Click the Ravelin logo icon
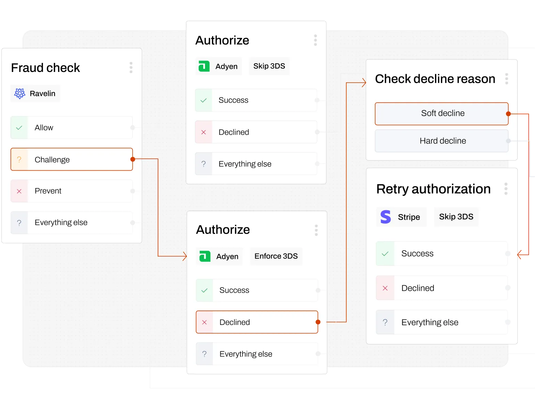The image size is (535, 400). [x=20, y=93]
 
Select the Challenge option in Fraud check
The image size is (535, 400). [x=72, y=160]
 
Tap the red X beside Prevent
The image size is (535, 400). [x=19, y=191]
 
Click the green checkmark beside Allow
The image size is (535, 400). [x=19, y=128]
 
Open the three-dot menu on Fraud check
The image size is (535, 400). [x=131, y=67]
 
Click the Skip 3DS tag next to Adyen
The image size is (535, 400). [x=269, y=66]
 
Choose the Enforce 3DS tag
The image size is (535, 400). [x=276, y=256]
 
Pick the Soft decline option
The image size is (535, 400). [x=442, y=113]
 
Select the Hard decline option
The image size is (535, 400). [x=442, y=141]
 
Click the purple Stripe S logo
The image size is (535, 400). [x=386, y=217]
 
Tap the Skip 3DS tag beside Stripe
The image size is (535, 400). [x=456, y=217]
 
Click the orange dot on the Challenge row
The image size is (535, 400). [x=133, y=159]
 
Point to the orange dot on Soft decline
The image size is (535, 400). [x=508, y=114]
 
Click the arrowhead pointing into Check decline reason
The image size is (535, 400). [x=364, y=83]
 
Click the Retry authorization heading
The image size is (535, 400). [x=433, y=189]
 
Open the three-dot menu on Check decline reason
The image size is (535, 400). [x=507, y=79]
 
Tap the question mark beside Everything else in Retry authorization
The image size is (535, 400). [x=385, y=323]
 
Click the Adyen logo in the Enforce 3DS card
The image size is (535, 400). [x=205, y=256]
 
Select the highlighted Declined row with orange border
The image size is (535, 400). [x=257, y=322]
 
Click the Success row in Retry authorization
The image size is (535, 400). [x=442, y=254]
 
